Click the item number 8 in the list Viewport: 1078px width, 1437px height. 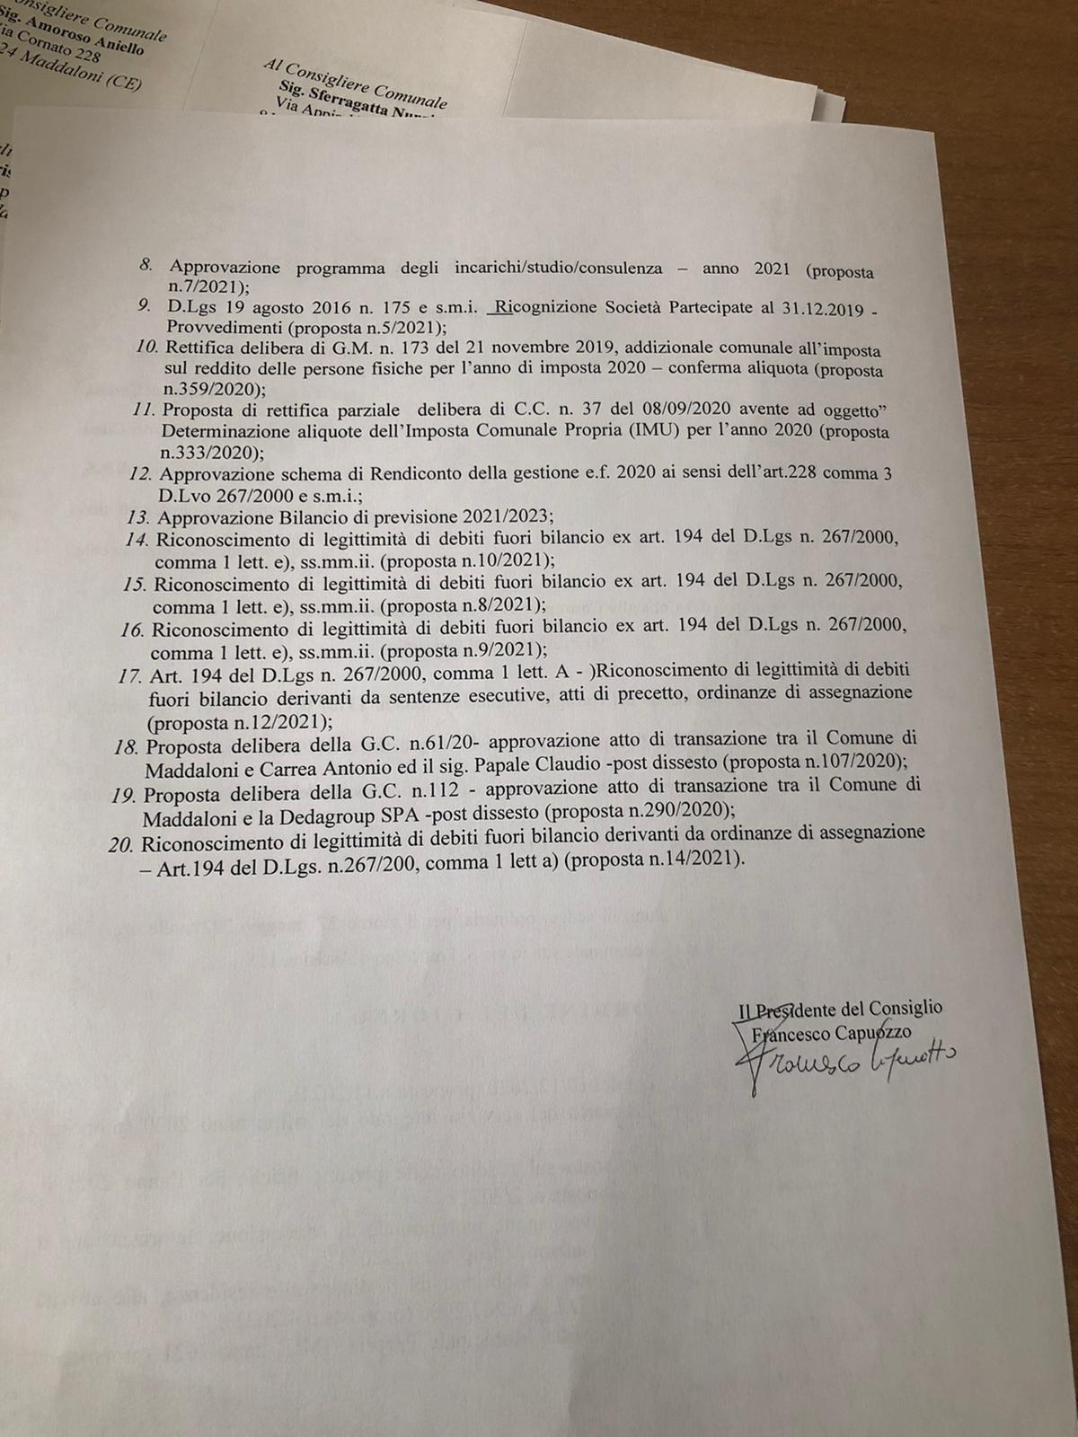tap(146, 266)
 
